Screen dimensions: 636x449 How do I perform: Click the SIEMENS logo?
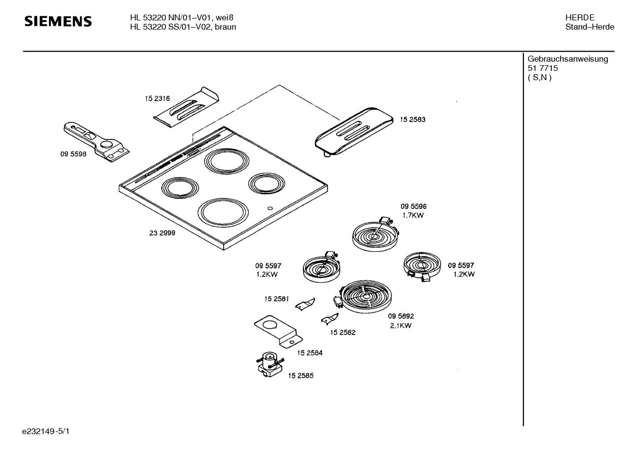[x=58, y=22]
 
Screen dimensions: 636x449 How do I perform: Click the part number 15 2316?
[x=157, y=98]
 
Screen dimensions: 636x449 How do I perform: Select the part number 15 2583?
[x=412, y=119]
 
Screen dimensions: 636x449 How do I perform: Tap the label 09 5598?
[x=73, y=154]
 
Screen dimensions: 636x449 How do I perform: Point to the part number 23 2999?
[x=162, y=233]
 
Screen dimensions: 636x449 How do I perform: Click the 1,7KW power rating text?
[x=413, y=215]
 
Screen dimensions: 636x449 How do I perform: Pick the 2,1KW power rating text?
[x=400, y=326]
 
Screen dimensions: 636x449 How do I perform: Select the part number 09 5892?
[x=401, y=316]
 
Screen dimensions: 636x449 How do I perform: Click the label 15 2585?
[x=301, y=375]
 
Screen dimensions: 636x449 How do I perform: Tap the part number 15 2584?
[x=310, y=353]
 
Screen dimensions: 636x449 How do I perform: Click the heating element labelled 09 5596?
[x=375, y=234]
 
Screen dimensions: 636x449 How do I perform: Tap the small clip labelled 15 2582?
[x=329, y=319]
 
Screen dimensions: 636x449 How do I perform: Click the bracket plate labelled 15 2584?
[x=278, y=332]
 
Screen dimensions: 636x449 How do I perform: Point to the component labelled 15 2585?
[x=269, y=364]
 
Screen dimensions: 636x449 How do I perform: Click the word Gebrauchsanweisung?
[x=568, y=59]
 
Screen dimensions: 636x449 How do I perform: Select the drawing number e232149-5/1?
[x=46, y=431]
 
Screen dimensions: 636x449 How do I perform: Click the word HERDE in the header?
[x=580, y=18]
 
